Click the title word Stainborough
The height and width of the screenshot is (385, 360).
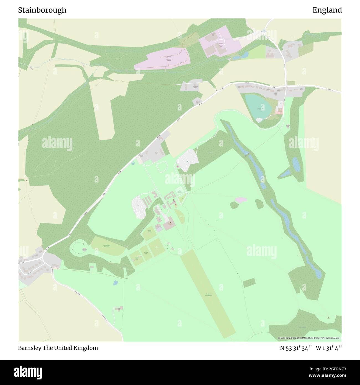click(42, 10)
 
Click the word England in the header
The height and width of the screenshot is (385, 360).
click(327, 10)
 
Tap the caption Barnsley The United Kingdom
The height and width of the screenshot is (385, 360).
click(58, 348)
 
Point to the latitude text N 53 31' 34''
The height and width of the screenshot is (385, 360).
click(296, 348)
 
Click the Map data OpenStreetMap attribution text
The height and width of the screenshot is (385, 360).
click(309, 338)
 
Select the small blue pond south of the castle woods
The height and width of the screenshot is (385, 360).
click(115, 283)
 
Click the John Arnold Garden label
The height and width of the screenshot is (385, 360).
click(181, 216)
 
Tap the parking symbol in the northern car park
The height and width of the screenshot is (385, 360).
click(187, 161)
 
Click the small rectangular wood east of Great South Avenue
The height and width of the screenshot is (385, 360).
click(249, 283)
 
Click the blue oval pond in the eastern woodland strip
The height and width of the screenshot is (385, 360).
click(296, 164)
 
